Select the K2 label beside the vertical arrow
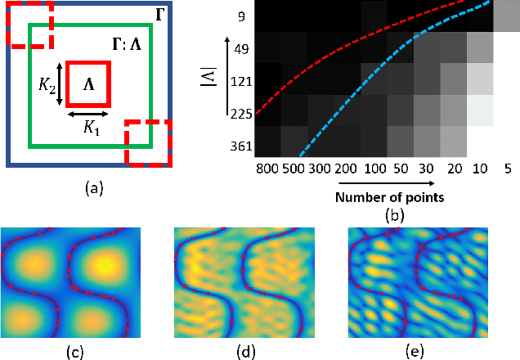[x=47, y=84]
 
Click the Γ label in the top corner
[x=159, y=14]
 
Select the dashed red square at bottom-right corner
[x=148, y=142]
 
